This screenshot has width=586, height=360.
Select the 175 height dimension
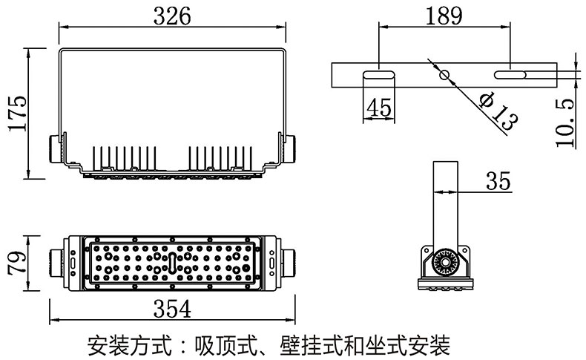[x=17, y=113]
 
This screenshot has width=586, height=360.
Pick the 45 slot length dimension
[x=378, y=108]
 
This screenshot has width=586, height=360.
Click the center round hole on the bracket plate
[x=444, y=75]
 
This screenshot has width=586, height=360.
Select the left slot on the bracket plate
[x=378, y=75]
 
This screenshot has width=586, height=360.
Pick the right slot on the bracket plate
[x=511, y=75]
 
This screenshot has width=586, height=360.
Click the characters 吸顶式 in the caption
[x=221, y=345]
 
